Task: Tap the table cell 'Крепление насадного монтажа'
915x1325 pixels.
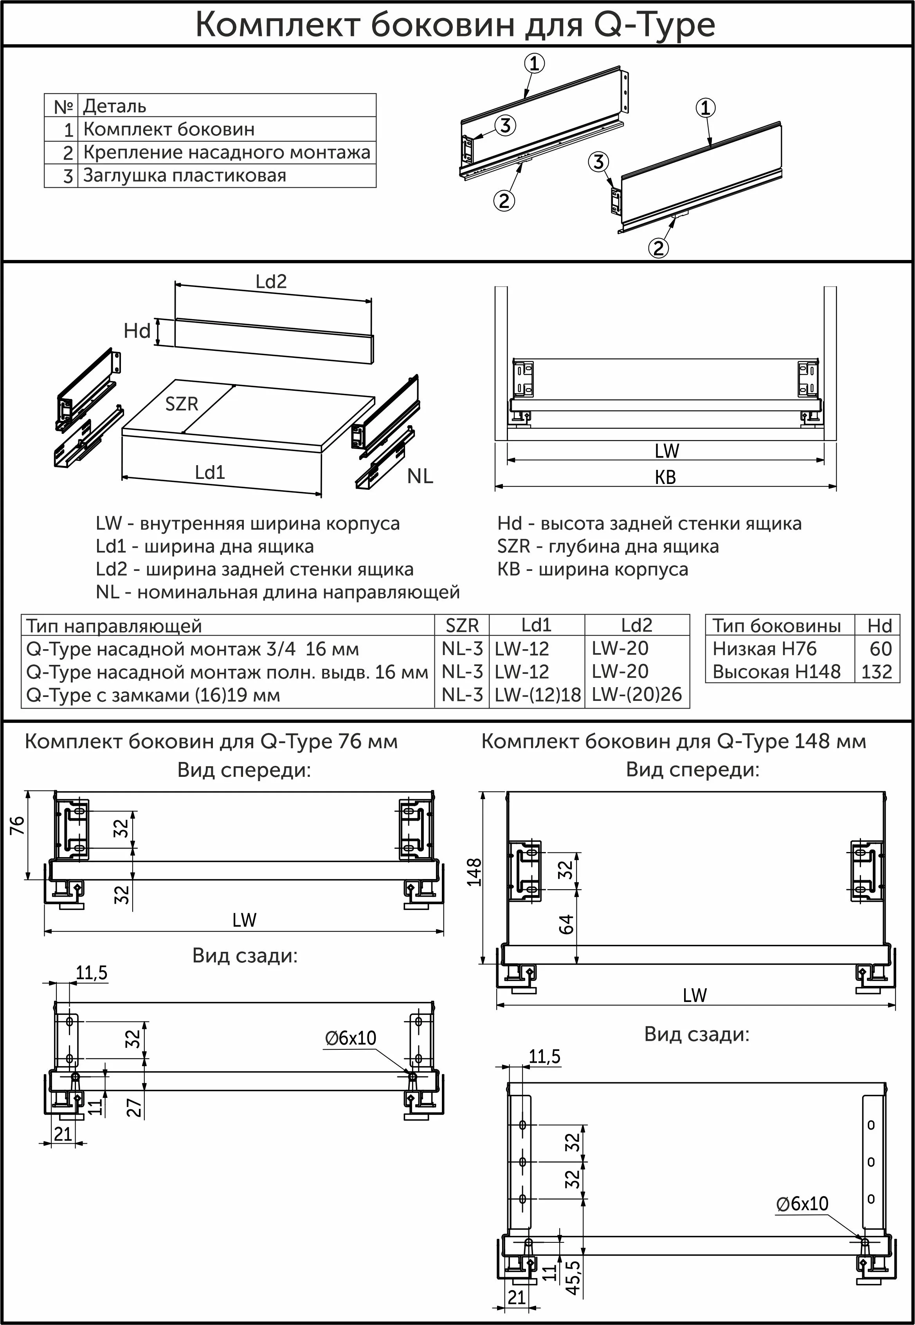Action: point(227,153)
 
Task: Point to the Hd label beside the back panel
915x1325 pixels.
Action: point(137,331)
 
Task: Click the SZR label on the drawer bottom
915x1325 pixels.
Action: point(181,404)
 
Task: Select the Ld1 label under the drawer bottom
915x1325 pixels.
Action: point(210,473)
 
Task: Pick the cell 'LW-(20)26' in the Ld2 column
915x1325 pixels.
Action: point(636,695)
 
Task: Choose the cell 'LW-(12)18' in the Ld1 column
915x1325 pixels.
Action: point(537,695)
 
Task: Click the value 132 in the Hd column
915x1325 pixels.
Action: point(877,672)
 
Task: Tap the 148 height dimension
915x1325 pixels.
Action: point(474,872)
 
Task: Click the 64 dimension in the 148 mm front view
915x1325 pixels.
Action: point(566,924)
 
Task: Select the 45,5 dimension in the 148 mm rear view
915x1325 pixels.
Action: point(573,1277)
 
